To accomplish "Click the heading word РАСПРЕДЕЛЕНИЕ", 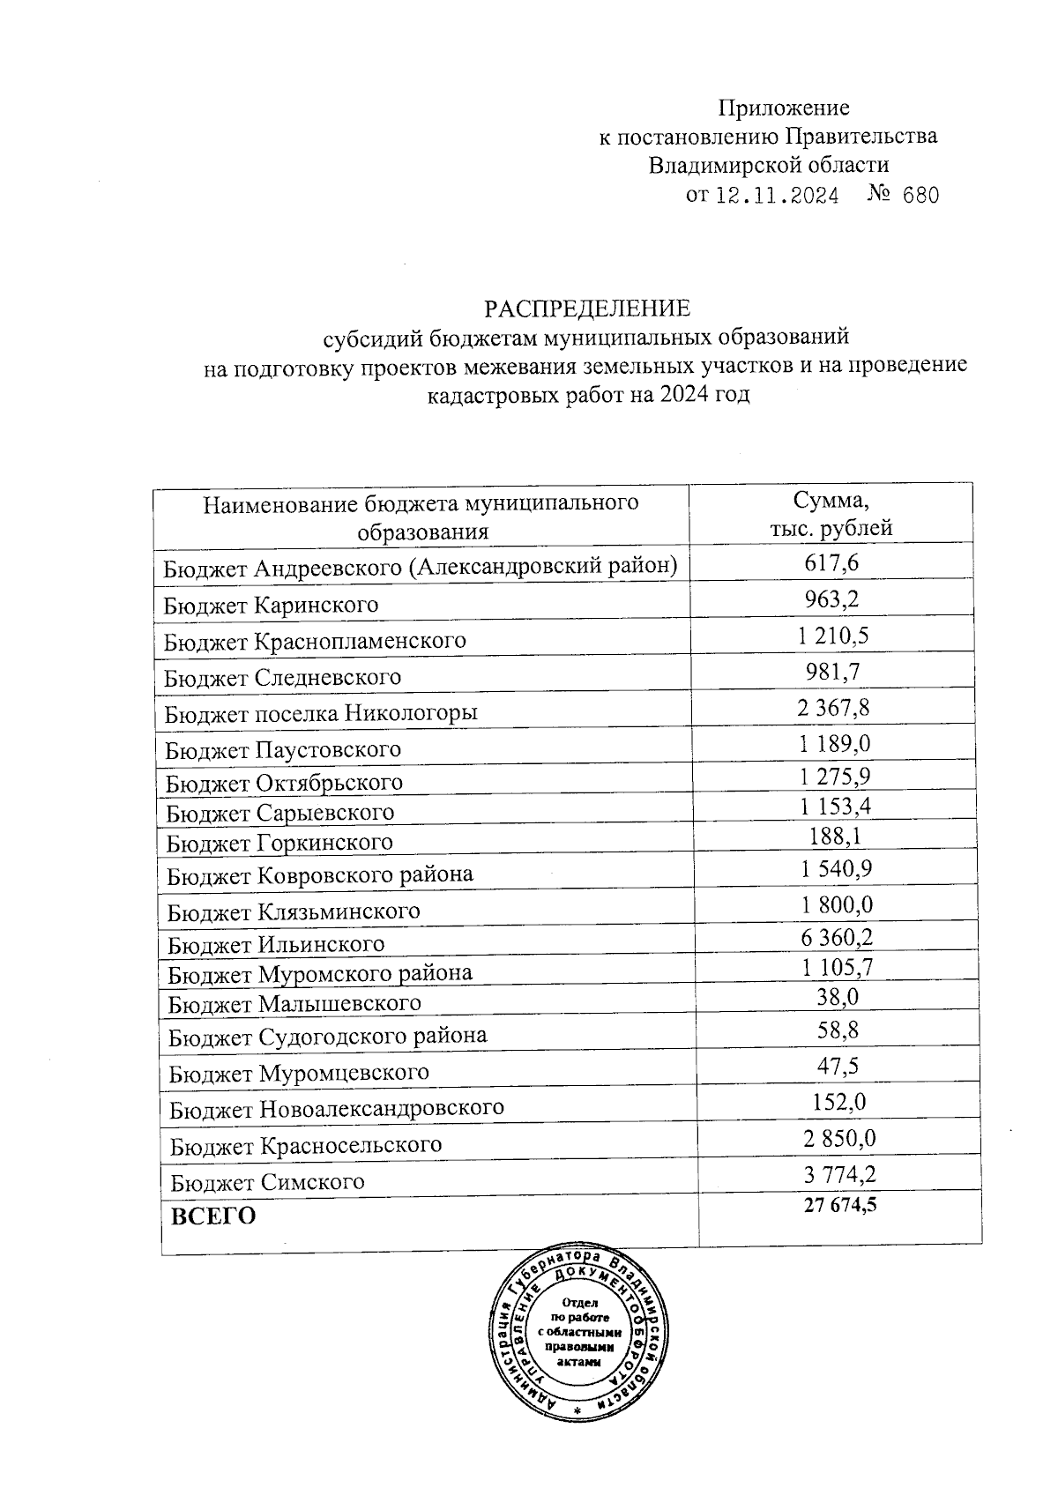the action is click(x=586, y=309).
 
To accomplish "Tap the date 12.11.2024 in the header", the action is click(x=776, y=195).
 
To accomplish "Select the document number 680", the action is click(x=921, y=195).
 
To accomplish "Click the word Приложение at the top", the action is click(x=783, y=108).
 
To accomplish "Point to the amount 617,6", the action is click(x=831, y=562).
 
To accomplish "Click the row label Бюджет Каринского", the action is click(x=272, y=605).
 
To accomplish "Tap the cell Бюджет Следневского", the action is click(x=283, y=677).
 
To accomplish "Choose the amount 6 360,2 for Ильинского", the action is click(x=837, y=937).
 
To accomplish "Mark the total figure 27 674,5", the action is click(x=840, y=1205).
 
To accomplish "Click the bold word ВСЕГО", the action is click(x=213, y=1216).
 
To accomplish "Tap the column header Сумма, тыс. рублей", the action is click(x=831, y=514).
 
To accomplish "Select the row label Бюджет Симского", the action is click(x=267, y=1182).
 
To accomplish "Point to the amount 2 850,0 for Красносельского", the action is click(x=839, y=1137).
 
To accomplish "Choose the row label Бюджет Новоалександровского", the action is click(x=337, y=1107).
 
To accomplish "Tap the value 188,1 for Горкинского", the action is click(x=835, y=835).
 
